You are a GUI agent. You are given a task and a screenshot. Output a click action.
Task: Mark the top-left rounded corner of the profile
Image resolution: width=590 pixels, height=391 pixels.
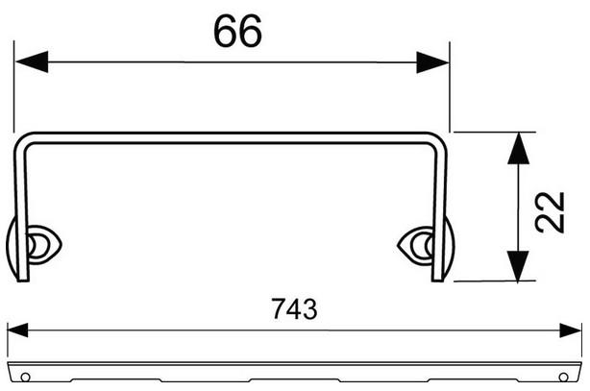pyautogui.click(x=24, y=138)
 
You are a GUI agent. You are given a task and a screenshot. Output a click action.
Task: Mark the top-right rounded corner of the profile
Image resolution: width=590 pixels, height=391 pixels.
pyautogui.click(x=440, y=138)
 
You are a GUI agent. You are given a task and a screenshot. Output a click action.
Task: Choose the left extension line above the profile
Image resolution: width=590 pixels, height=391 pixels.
pyautogui.click(x=13, y=86)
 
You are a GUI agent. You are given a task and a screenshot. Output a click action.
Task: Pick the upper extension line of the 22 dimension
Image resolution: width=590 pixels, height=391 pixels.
pyautogui.click(x=490, y=132)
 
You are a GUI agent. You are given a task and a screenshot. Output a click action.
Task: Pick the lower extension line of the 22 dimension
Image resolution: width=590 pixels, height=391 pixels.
pyautogui.click(x=490, y=281)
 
